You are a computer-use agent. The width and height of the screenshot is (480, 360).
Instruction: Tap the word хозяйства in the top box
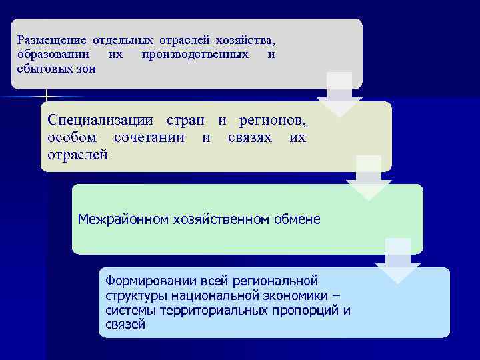click(x=247, y=41)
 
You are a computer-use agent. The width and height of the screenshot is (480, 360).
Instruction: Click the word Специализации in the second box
click(x=100, y=122)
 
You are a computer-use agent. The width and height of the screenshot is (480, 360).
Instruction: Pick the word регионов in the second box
click(x=273, y=122)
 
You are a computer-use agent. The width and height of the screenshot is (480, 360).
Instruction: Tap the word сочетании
click(x=153, y=138)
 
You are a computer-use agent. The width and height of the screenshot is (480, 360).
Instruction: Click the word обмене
click(x=296, y=219)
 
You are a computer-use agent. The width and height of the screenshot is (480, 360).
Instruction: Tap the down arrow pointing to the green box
click(x=369, y=178)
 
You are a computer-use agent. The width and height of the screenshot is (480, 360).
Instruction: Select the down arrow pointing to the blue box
click(x=398, y=261)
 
